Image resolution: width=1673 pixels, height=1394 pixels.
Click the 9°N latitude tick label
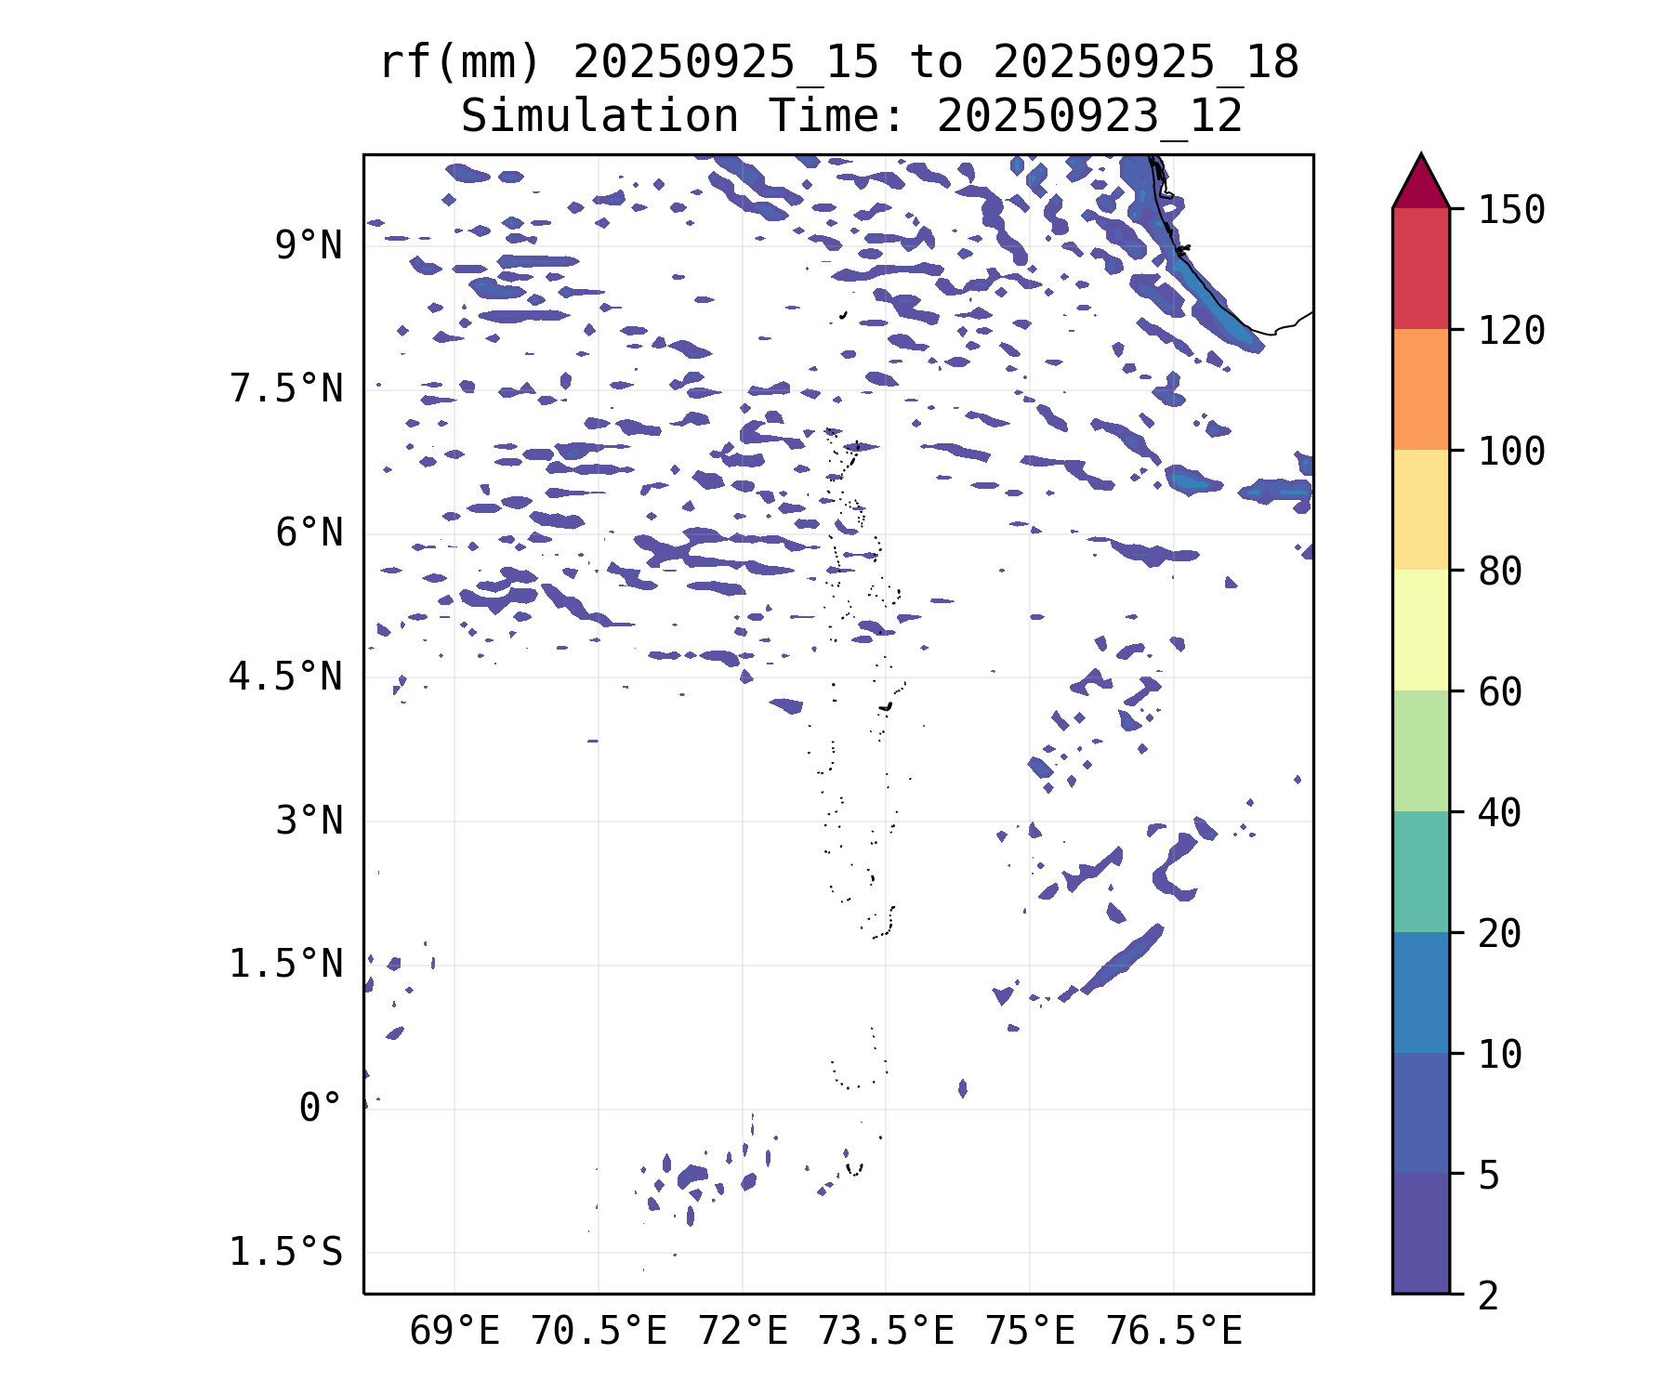pyautogui.click(x=309, y=246)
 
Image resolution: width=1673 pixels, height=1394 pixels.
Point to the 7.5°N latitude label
pyautogui.click(x=286, y=389)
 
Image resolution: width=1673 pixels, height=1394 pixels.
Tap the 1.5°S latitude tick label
pyautogui.click(x=286, y=1253)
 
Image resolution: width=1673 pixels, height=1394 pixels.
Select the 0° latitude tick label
pyautogui.click(x=321, y=1109)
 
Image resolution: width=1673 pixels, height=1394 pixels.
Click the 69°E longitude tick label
pyautogui.click(x=454, y=1332)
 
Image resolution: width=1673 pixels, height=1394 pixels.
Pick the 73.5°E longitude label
pyautogui.click(x=886, y=1332)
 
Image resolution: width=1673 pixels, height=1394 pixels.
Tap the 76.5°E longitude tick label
pyautogui.click(x=1173, y=1332)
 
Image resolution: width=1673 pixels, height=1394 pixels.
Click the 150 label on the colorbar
pyautogui.click(x=1511, y=210)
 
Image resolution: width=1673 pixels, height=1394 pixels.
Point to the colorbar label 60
pyautogui.click(x=1500, y=691)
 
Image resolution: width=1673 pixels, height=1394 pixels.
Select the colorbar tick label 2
pyautogui.click(x=1489, y=1295)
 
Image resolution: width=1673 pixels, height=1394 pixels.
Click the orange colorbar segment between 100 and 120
pyautogui.click(x=1420, y=389)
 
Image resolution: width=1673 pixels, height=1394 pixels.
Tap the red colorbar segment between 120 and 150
pyautogui.click(x=1420, y=269)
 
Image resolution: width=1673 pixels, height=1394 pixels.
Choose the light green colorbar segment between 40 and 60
pyautogui.click(x=1420, y=751)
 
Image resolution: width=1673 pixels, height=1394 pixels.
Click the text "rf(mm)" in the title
pyautogui.click(x=460, y=63)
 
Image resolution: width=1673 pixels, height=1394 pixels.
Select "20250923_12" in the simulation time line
pyautogui.click(x=1089, y=117)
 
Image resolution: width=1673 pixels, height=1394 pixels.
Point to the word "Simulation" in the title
pyautogui.click(x=599, y=117)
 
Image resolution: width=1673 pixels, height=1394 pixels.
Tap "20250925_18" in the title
pyautogui.click(x=1145, y=63)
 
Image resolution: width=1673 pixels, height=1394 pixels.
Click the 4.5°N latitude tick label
pyautogui.click(x=286, y=677)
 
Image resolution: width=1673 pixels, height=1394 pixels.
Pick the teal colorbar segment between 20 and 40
pyautogui.click(x=1420, y=872)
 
